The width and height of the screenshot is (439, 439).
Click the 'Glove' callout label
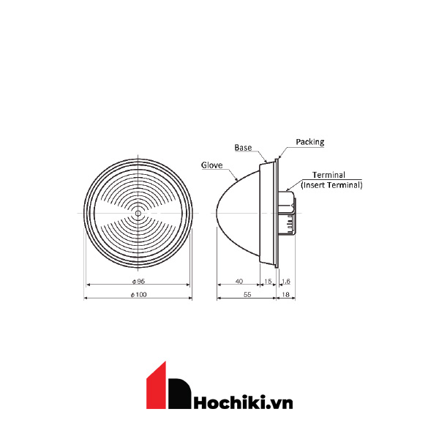point(211,165)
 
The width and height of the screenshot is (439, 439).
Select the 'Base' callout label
point(243,147)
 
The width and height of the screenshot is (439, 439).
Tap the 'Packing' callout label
point(310,142)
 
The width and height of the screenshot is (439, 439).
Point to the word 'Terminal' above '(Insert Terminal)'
point(329,176)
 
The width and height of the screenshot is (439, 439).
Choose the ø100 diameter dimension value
point(138,294)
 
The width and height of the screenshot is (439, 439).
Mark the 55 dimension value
point(247,294)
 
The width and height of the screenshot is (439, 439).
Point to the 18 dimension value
point(286,294)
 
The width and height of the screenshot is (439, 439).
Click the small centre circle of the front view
point(138,214)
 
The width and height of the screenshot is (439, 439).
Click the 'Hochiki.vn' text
point(243,401)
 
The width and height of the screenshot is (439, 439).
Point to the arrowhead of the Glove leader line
point(238,180)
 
